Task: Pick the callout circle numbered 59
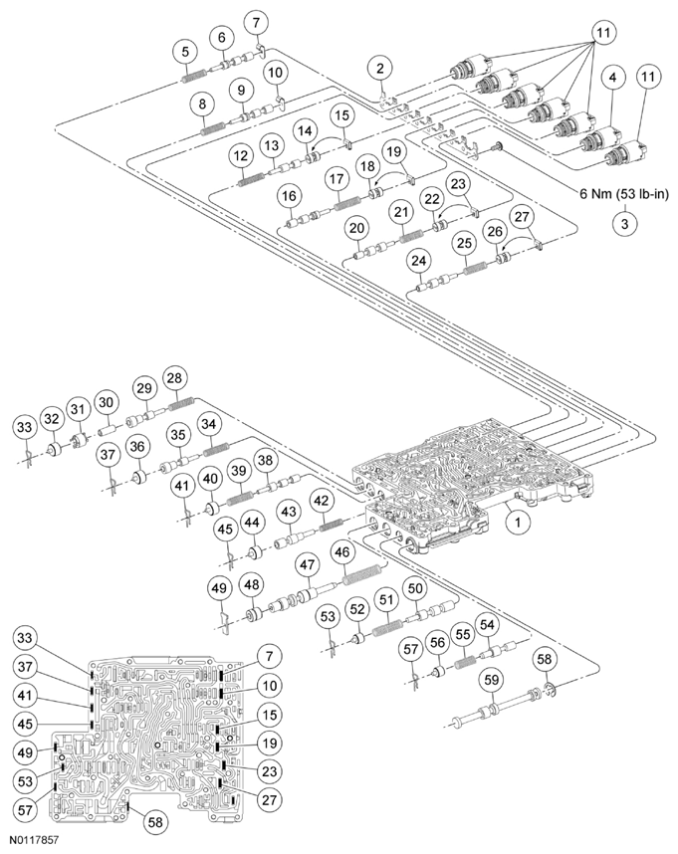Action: point(491,683)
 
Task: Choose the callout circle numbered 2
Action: point(379,69)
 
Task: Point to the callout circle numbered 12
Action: point(241,157)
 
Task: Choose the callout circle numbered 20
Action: point(357,228)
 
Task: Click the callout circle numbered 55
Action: point(462,633)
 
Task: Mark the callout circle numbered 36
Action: point(136,448)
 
